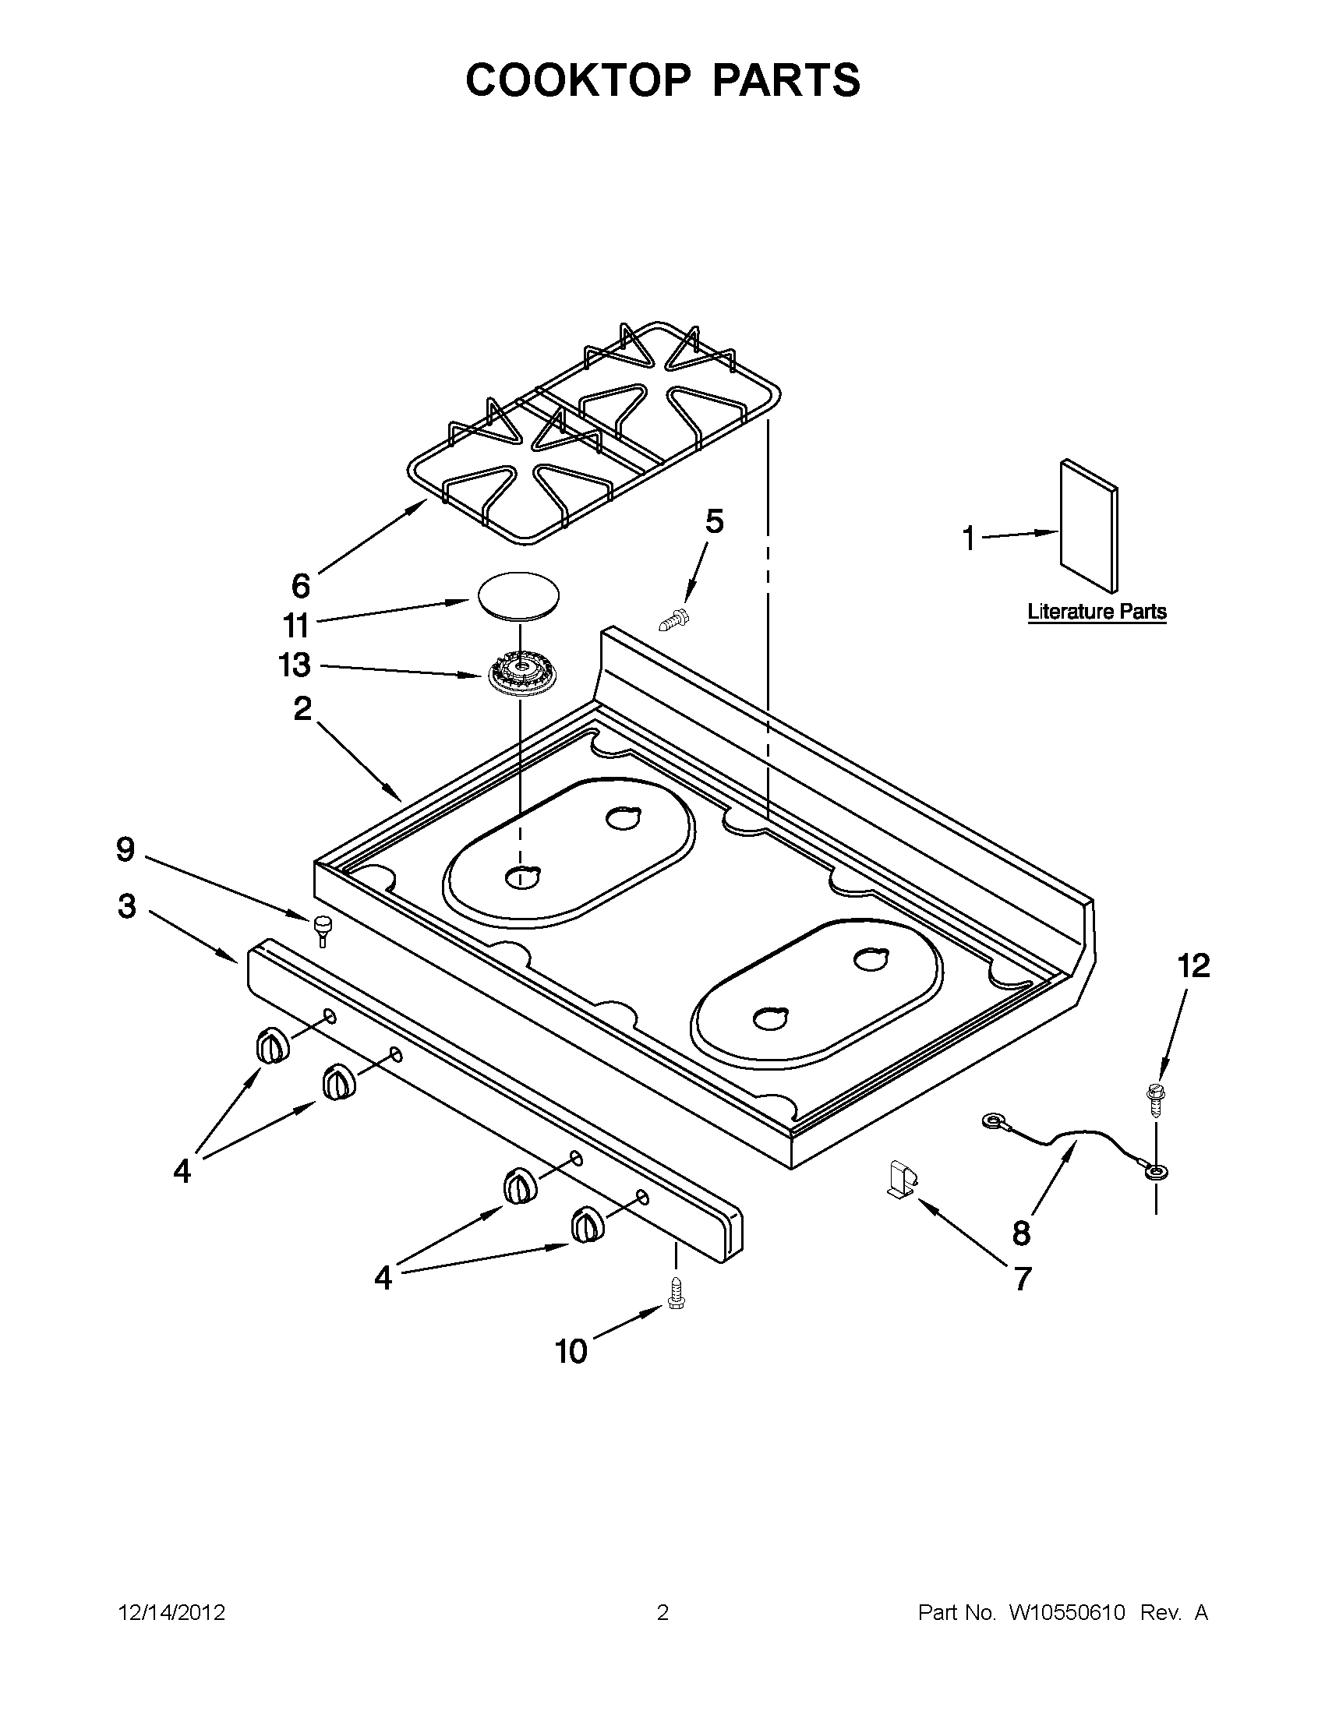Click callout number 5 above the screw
(713, 521)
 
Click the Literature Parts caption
(1097, 612)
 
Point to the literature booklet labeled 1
(1089, 524)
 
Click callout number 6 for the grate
(301, 585)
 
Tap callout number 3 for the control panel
(126, 906)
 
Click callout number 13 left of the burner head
(295, 665)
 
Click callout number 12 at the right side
(1193, 966)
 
